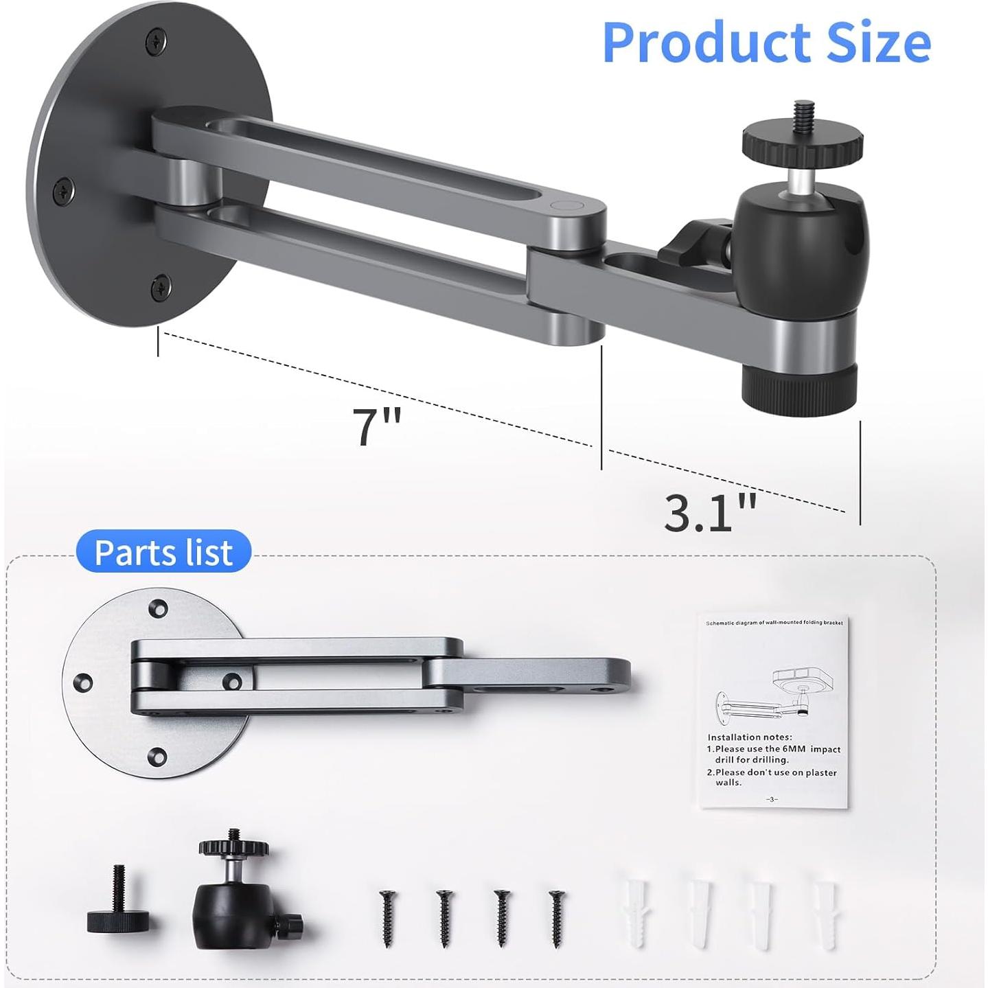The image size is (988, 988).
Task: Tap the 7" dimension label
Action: click(x=376, y=427)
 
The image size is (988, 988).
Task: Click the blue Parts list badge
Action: click(x=163, y=552)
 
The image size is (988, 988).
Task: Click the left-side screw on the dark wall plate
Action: click(x=65, y=189)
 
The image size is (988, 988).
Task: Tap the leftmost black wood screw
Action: click(x=387, y=917)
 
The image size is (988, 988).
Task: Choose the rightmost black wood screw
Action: click(x=557, y=917)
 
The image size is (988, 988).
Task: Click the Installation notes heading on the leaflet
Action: click(x=749, y=737)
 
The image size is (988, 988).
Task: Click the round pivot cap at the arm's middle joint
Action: click(x=567, y=206)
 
